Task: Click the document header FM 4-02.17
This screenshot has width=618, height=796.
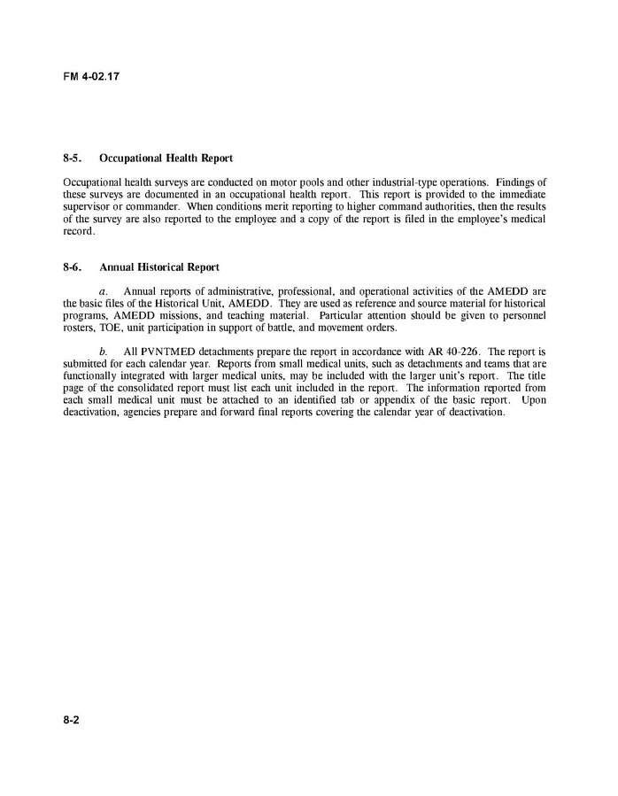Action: [x=91, y=76]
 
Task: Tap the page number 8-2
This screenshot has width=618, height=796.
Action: [x=72, y=721]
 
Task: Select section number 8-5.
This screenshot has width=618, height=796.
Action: [x=73, y=158]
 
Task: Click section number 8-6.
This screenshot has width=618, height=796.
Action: [x=73, y=267]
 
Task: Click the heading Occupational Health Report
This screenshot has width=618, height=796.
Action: [x=166, y=158]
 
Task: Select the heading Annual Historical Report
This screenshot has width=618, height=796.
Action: [x=159, y=267]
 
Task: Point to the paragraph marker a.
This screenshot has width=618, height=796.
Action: [x=103, y=290]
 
